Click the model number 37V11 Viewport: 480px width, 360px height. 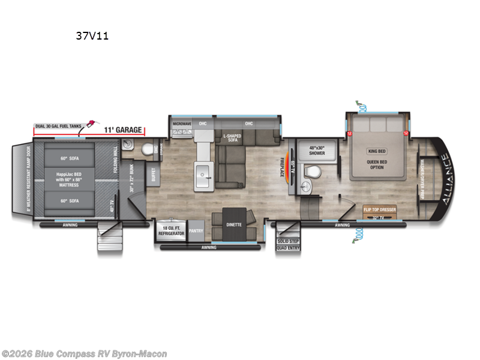(x=92, y=35)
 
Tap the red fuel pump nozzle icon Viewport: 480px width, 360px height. (x=90, y=123)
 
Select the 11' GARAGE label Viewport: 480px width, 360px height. (x=122, y=130)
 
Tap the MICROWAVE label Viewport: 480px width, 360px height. (x=182, y=124)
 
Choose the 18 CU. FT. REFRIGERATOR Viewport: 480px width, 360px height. (x=172, y=232)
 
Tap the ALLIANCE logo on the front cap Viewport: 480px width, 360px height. (x=445, y=179)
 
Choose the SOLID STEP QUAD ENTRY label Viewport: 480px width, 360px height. (x=288, y=244)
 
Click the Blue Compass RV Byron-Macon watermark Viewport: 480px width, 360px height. (x=84, y=354)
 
